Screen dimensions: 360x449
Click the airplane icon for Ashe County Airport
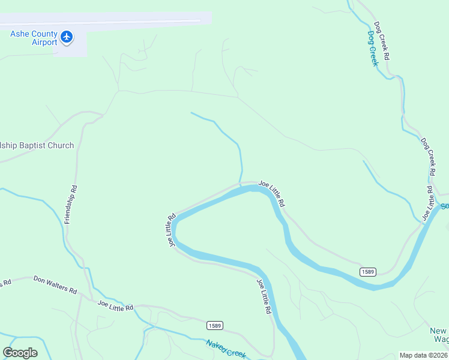[x=67, y=37]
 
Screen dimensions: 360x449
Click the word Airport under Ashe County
[x=43, y=42]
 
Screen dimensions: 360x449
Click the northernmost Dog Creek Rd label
[x=382, y=40]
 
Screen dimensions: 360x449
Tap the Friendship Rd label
[x=71, y=205]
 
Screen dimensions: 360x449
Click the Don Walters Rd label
[x=55, y=285]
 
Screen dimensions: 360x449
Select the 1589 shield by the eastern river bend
[x=368, y=272]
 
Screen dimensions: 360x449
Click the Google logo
[x=20, y=352]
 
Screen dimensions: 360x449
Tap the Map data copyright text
[x=423, y=355]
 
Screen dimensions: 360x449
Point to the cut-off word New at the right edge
[x=439, y=331]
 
